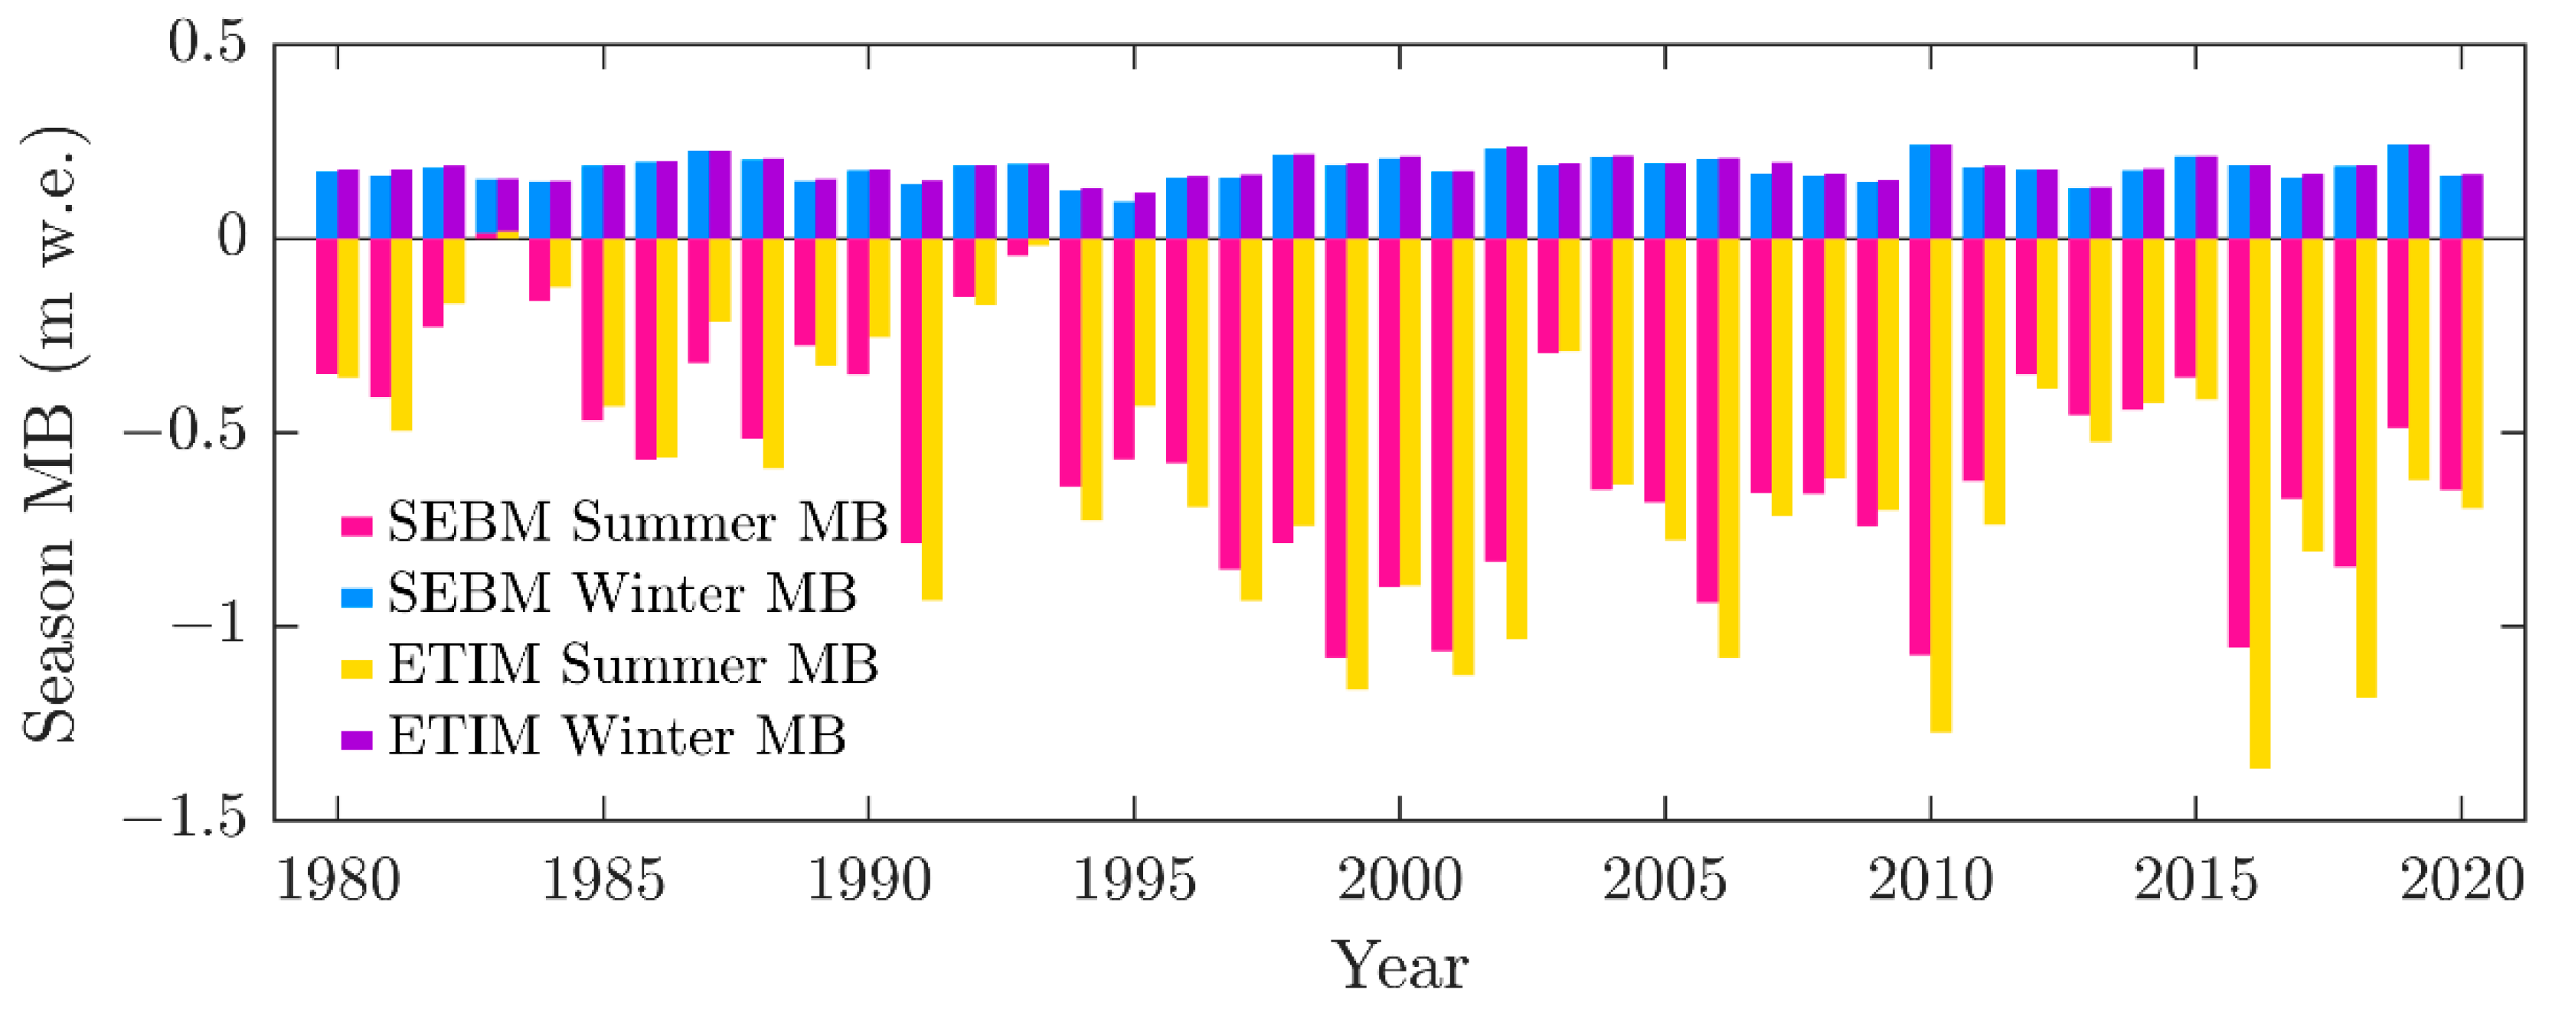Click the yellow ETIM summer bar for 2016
point(2260,503)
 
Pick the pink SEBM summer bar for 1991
point(911,391)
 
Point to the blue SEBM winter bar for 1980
point(327,205)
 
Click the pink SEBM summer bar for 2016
point(2239,443)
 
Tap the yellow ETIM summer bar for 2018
point(2366,467)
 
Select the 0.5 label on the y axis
point(206,44)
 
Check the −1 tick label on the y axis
point(206,626)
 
